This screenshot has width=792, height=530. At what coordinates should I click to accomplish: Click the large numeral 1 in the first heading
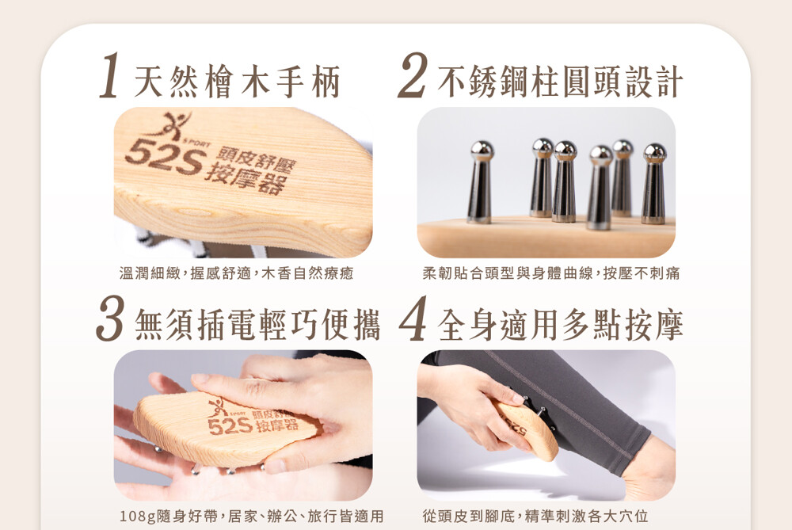coord(110,76)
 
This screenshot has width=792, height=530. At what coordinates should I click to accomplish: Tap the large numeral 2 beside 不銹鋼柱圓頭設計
coord(412,75)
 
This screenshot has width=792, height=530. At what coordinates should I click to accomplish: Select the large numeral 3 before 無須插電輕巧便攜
coord(110,318)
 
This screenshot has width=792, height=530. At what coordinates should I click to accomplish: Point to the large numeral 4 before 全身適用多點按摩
coord(413,318)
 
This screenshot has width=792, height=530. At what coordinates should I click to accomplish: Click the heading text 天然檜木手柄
coord(237,82)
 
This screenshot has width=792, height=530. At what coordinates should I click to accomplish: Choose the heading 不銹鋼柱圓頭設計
coord(560,82)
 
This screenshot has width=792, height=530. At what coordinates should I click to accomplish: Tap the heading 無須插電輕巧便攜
coord(257,325)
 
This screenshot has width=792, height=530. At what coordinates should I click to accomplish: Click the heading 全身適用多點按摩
coord(560,325)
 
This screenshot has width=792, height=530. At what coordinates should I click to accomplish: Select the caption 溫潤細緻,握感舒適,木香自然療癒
coord(236,273)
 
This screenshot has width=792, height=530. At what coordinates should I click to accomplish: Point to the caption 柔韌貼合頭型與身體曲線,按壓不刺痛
coord(551,273)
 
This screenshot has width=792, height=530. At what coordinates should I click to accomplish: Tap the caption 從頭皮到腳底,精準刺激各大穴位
coord(535,517)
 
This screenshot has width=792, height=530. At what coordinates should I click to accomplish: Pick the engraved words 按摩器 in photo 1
coord(245,177)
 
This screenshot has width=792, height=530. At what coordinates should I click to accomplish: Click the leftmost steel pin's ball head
coord(482,151)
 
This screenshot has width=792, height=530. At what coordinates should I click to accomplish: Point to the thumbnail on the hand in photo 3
coord(200,379)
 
